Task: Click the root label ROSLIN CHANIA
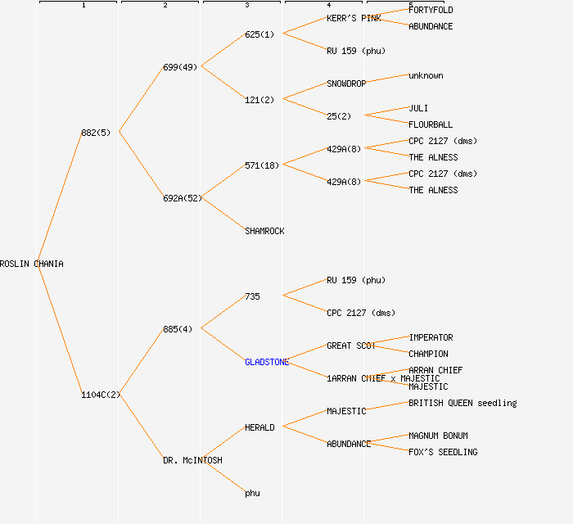(32, 264)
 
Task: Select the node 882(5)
(96, 133)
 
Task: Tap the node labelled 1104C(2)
(101, 395)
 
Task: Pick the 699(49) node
(180, 67)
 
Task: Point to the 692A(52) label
(182, 198)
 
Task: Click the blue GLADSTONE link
(267, 362)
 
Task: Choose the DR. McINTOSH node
(192, 460)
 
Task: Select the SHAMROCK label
(264, 231)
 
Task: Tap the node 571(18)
(262, 165)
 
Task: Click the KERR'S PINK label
(354, 18)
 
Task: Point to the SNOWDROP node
(346, 84)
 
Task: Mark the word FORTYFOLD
(431, 10)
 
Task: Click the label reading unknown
(426, 75)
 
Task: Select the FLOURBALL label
(431, 124)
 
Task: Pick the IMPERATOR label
(431, 337)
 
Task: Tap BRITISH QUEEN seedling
(462, 403)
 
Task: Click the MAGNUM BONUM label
(438, 436)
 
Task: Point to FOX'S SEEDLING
(443, 452)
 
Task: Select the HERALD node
(259, 427)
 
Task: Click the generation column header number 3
(246, 6)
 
